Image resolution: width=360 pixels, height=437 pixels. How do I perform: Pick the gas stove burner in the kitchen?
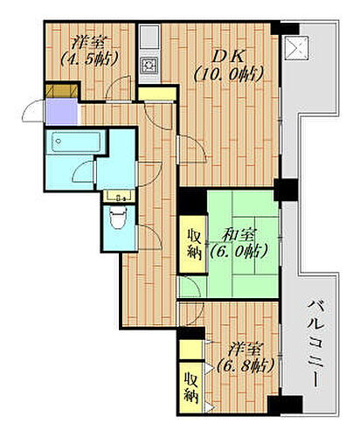coord(149,64)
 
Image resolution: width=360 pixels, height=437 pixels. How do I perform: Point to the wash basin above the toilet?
coord(116,197)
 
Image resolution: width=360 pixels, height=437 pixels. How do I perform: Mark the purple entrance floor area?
coord(60,112)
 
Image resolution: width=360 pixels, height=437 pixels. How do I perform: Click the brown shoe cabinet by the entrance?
coord(59,91)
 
